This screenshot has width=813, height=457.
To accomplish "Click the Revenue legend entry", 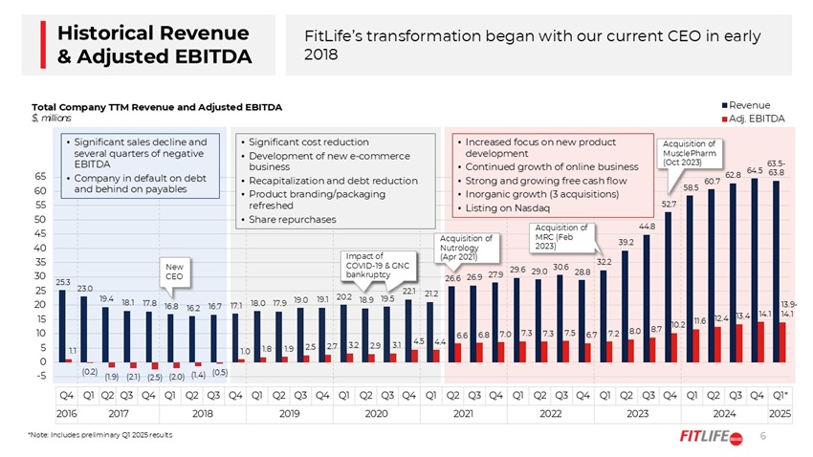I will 755,103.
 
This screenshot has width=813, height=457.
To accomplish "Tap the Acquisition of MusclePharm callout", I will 687,153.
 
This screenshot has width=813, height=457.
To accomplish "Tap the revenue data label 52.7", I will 670,204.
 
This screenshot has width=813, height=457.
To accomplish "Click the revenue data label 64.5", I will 756,170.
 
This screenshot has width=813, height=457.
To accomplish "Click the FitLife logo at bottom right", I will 706,437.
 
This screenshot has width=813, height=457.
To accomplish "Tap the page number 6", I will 763,436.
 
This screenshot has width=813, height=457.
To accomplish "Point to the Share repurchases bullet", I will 292,219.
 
